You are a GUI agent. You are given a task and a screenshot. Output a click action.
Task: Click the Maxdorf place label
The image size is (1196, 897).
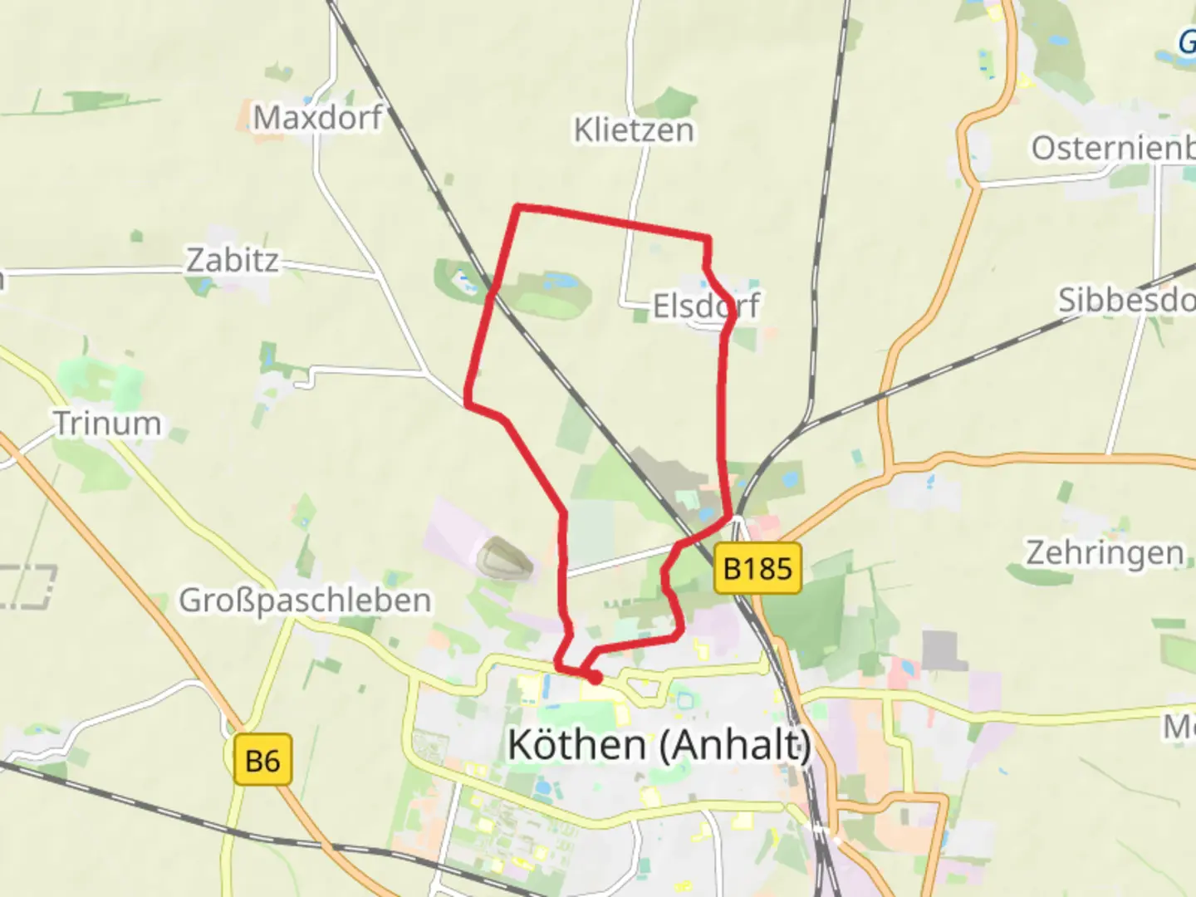coord(317,118)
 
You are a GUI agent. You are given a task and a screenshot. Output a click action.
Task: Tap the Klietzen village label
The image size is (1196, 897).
coord(634,130)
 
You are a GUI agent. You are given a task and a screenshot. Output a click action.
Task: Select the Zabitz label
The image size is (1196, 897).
coord(232,261)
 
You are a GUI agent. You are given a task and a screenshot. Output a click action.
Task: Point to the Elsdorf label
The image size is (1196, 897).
coord(705,306)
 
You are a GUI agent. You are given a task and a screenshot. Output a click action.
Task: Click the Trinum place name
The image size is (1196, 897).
coord(108,424)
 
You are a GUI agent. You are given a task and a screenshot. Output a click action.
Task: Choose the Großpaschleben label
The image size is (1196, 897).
coord(305,600)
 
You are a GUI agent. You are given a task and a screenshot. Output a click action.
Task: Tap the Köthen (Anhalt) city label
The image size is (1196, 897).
coord(659,744)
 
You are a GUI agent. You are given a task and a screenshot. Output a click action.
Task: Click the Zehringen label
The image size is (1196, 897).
coord(1105,553)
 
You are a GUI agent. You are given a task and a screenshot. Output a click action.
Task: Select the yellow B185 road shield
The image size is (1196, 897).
coord(757,569)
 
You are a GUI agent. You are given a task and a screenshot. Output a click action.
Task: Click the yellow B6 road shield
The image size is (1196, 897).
coord(262,760)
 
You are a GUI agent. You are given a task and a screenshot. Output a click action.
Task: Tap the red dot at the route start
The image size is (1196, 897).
coord(595,679)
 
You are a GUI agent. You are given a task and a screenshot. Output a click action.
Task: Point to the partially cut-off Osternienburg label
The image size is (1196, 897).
coord(1113,149)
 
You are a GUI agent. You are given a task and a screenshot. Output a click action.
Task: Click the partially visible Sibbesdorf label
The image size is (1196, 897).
coord(1125,300)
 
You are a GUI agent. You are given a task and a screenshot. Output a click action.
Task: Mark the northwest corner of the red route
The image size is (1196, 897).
coord(517,207)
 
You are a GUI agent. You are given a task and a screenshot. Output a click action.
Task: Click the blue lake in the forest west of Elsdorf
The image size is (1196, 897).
coord(561,282)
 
